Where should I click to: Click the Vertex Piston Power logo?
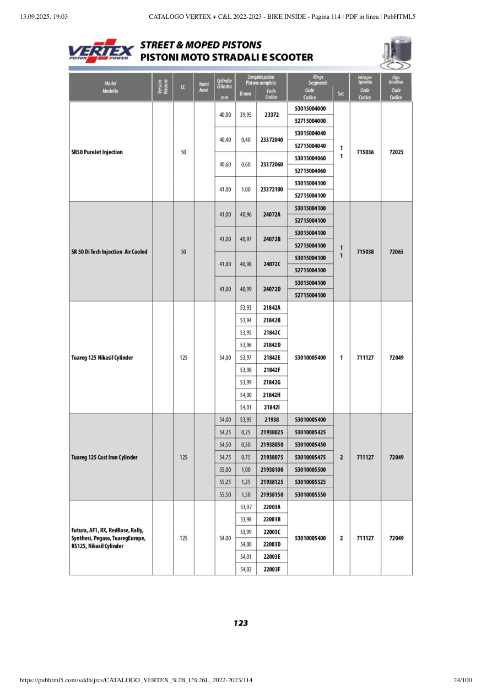101,51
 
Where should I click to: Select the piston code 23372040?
271,139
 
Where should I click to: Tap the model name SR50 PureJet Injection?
97,152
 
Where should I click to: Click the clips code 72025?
396,152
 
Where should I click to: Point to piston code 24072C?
272,264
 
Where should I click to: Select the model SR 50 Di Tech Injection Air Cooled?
110,252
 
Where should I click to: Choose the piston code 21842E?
272,358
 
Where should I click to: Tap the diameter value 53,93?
246,308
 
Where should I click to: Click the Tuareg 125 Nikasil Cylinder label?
102,358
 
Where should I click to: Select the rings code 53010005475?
310,457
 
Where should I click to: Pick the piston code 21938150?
272,495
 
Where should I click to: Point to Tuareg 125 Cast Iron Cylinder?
104,457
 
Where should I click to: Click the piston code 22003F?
272,569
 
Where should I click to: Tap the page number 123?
241,623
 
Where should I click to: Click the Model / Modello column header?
110,87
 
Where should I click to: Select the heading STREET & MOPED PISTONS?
201,45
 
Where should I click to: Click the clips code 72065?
396,252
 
